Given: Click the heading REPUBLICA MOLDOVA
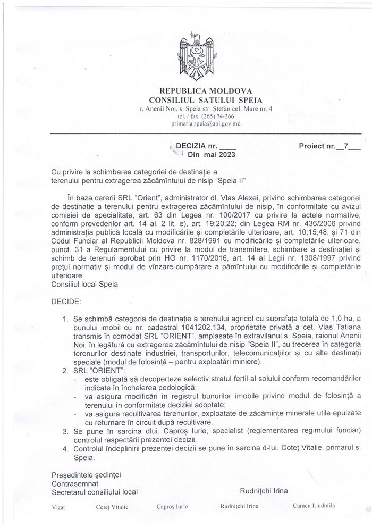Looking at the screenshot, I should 195,90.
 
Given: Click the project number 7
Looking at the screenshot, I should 345,145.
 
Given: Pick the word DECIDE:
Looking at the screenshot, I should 66,302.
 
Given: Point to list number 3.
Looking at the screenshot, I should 65,431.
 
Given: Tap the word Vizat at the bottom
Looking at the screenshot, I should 59,508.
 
